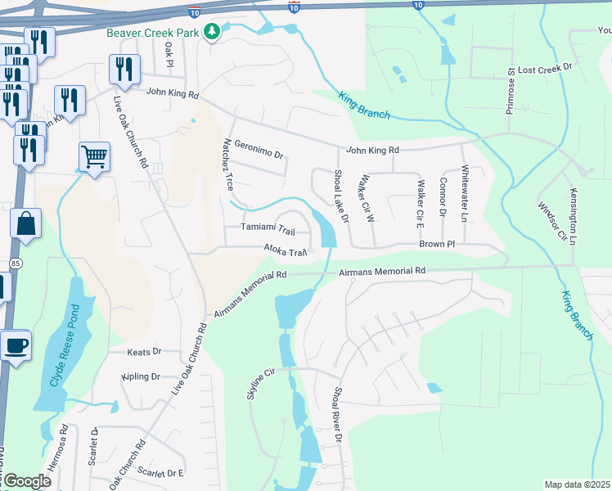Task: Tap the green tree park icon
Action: point(212,32)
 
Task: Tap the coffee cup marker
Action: point(15,345)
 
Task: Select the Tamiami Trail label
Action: point(268,230)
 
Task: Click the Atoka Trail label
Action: point(285,250)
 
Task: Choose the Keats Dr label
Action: point(145,352)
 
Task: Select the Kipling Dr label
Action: point(140,376)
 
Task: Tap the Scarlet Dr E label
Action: point(162,472)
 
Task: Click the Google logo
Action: point(27,481)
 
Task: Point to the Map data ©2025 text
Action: point(577,484)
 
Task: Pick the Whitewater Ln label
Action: point(464,194)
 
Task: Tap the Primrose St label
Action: point(510,91)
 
